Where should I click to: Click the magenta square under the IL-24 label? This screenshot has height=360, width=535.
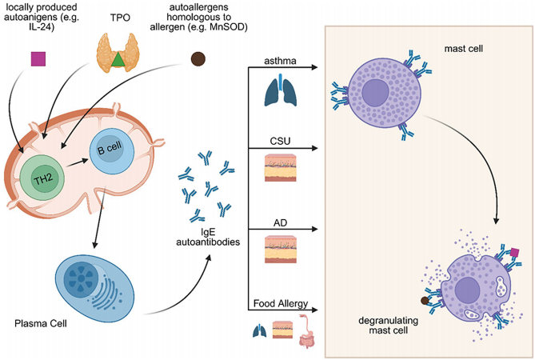[x=38, y=58]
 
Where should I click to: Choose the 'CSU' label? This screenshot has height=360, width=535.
[x=279, y=142]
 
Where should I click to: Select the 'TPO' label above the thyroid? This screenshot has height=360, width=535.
[x=119, y=16]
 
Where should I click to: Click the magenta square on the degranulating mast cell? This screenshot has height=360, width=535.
[x=513, y=253]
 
